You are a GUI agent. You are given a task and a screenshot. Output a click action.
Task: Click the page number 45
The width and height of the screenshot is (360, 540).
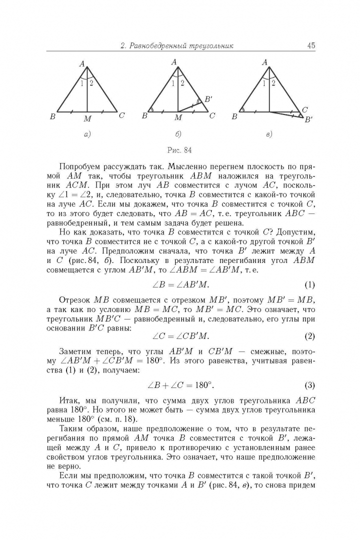pyautogui.click(x=310, y=46)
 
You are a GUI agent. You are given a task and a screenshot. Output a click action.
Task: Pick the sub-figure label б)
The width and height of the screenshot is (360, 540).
pyautogui.click(x=178, y=133)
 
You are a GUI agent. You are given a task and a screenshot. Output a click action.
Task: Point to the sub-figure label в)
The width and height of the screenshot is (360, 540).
pyautogui.click(x=268, y=133)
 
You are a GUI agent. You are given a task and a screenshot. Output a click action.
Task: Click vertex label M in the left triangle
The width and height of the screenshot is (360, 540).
pyautogui.click(x=87, y=119)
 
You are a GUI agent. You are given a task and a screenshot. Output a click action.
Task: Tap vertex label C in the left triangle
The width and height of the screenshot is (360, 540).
pyautogui.click(x=121, y=115)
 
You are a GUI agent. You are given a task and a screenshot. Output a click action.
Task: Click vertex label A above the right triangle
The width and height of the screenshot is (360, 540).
pyautogui.click(x=265, y=62)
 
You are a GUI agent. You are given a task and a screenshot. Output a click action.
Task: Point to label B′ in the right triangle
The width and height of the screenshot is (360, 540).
pyautogui.click(x=309, y=119)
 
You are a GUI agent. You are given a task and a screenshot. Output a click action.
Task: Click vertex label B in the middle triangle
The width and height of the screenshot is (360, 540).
pyautogui.click(x=144, y=116)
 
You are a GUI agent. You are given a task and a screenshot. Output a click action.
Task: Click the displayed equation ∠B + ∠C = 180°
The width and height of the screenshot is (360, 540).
pyautogui.click(x=180, y=385)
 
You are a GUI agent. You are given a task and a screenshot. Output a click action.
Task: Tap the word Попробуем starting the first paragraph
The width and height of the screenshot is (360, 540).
pyautogui.click(x=81, y=166)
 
